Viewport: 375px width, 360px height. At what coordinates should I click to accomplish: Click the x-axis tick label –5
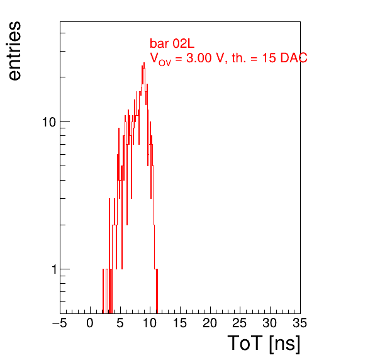pyautogui.click(x=60, y=323)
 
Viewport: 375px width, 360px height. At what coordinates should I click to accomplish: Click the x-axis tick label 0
pyautogui.click(x=90, y=323)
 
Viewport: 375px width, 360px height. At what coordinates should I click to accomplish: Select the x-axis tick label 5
pyautogui.click(x=120, y=323)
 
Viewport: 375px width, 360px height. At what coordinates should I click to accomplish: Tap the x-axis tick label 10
pyautogui.click(x=150, y=323)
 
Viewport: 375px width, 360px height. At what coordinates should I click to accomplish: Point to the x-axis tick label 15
pyautogui.click(x=180, y=323)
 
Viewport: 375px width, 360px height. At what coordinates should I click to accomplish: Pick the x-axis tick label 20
pyautogui.click(x=210, y=323)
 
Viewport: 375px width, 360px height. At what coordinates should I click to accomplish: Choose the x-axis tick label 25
pyautogui.click(x=239, y=323)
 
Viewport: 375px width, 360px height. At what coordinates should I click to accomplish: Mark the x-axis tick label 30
pyautogui.click(x=270, y=323)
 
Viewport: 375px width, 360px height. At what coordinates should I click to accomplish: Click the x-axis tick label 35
pyautogui.click(x=299, y=323)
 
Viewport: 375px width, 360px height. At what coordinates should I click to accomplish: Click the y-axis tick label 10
pyautogui.click(x=49, y=122)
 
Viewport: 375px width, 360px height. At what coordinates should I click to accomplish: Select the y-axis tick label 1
pyautogui.click(x=54, y=269)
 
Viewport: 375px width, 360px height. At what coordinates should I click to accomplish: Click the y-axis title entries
pyautogui.click(x=14, y=51)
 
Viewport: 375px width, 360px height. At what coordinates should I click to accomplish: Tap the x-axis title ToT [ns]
pyautogui.click(x=264, y=343)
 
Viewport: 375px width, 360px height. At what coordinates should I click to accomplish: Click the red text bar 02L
pyautogui.click(x=172, y=43)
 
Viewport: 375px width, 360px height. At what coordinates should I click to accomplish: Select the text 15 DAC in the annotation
pyautogui.click(x=284, y=58)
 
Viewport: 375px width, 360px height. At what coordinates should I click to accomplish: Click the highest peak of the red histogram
pyautogui.click(x=144, y=63)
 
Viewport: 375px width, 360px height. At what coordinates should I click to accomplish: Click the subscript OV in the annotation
pyautogui.click(x=165, y=63)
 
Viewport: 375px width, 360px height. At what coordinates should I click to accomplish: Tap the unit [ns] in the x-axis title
pyautogui.click(x=284, y=344)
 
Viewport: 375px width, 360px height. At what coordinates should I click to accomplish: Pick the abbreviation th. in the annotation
pyautogui.click(x=239, y=58)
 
